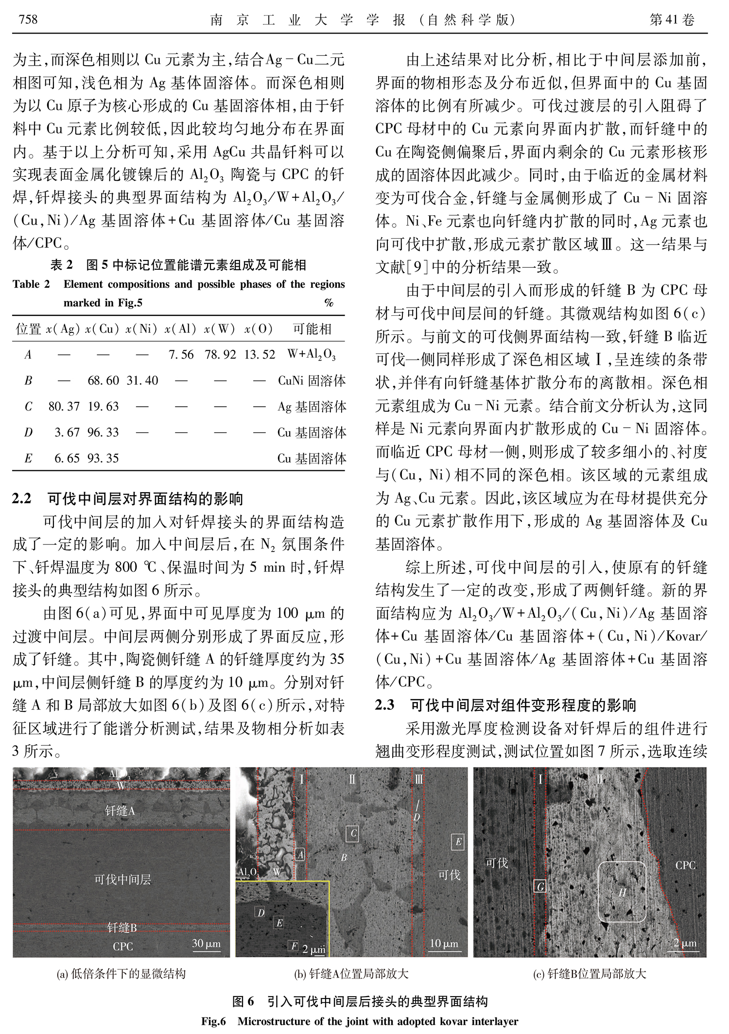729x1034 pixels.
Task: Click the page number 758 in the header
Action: coord(28,19)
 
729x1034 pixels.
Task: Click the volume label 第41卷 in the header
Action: coord(672,19)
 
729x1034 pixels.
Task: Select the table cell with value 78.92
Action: coord(220,355)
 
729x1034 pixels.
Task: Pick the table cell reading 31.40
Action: coord(142,380)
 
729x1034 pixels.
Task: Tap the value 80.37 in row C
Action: coord(64,406)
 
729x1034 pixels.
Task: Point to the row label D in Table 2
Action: coord(28,432)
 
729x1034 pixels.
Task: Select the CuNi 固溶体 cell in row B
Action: coord(312,380)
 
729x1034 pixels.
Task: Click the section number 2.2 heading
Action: coord(22,499)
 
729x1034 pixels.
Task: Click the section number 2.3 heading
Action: coord(384,705)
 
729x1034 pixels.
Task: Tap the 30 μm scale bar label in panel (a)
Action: coord(207,944)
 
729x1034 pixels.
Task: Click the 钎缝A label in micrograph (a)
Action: coord(120,810)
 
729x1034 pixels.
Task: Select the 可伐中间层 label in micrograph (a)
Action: coord(122,879)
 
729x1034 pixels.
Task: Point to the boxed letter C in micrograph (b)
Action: coord(353,834)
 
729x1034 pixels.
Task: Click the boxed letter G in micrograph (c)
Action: coord(540,887)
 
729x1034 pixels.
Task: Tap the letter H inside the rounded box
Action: coord(622,892)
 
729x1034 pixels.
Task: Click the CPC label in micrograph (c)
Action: coord(685,865)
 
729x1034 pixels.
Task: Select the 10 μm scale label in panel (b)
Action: coord(444,943)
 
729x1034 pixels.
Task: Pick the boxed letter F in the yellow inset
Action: coord(294,946)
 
